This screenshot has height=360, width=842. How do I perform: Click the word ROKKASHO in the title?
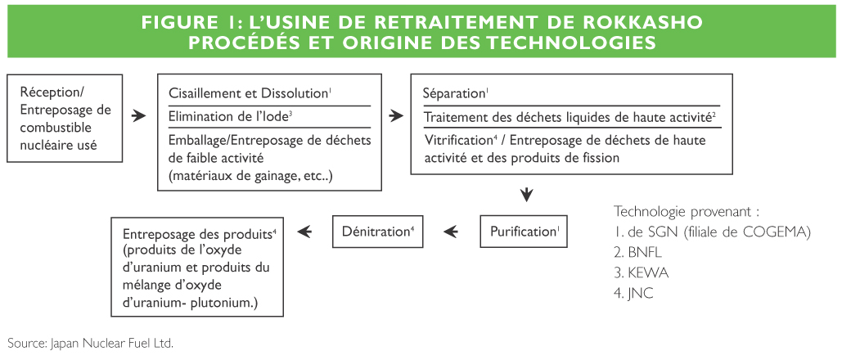tap(638, 23)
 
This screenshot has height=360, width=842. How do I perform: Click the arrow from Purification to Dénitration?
tap(451, 232)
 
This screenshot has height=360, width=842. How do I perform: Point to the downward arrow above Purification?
tap(527, 195)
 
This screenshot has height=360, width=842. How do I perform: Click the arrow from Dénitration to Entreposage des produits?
tap(304, 232)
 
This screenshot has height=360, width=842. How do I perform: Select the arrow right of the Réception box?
tap(139, 115)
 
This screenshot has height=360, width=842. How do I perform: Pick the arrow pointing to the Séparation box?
tap(396, 115)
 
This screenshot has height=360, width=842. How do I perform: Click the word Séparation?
tap(454, 93)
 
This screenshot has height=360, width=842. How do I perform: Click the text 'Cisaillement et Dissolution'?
tap(248, 93)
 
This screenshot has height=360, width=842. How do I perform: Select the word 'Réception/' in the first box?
tap(52, 92)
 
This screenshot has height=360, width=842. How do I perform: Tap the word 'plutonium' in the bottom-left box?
tap(224, 303)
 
